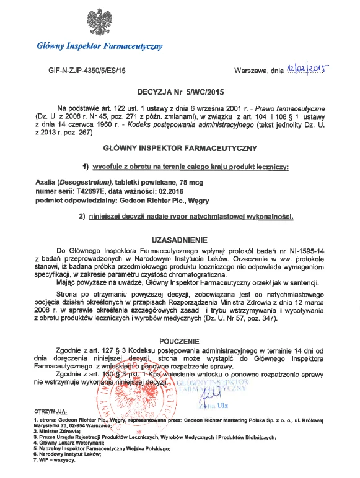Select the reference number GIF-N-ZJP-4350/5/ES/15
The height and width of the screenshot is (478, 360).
[x=87, y=72]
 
